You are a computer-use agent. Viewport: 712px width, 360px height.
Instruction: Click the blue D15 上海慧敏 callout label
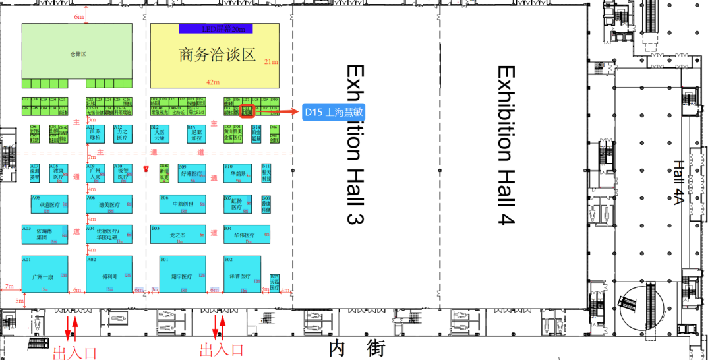pyautogui.click(x=334, y=112)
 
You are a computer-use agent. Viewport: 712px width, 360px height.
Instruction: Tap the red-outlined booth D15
pyautogui.click(x=247, y=111)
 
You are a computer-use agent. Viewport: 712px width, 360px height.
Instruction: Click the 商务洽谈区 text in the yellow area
pyautogui.click(x=216, y=55)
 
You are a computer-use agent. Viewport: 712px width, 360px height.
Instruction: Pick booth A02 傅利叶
pyautogui.click(x=109, y=274)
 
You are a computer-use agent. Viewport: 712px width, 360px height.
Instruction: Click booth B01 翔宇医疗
pyautogui.click(x=182, y=274)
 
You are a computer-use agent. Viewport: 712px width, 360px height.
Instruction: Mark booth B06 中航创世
pyautogui.click(x=182, y=203)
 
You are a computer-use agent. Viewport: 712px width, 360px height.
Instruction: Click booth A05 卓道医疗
pyautogui.click(x=49, y=203)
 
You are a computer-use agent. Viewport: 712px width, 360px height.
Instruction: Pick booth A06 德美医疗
pyautogui.click(x=109, y=203)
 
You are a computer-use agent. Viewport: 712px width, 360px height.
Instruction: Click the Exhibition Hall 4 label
pyautogui.click(x=505, y=142)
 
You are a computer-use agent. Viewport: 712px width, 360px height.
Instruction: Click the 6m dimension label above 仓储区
pyautogui.click(x=79, y=16)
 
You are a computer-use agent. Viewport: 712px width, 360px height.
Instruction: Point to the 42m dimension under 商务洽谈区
pyautogui.click(x=213, y=82)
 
